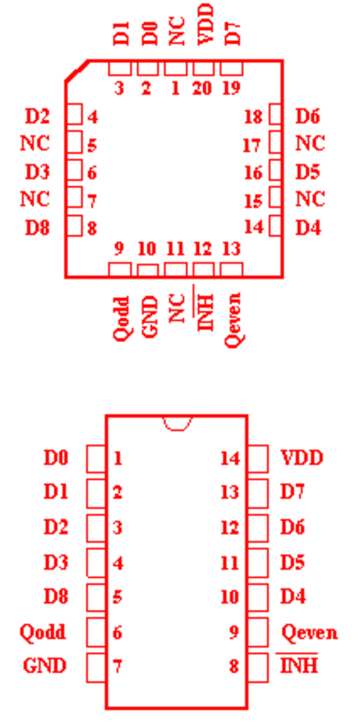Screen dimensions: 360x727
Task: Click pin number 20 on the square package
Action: point(202,88)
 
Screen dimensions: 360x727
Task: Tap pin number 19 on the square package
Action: point(231,88)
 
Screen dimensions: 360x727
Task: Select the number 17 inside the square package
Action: point(252,146)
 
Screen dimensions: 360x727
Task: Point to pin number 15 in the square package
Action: point(253,201)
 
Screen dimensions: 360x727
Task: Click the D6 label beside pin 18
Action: point(308,117)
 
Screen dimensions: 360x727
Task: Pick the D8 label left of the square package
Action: point(37,228)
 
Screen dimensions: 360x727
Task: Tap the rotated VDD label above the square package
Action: point(204,24)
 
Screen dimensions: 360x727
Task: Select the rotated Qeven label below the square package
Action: point(232,319)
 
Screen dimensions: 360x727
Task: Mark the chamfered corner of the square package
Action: point(76,71)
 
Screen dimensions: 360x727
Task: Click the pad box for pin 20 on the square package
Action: point(203,67)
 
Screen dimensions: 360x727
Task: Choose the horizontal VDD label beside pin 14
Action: point(302,458)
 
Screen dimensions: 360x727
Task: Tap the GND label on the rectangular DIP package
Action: point(44,666)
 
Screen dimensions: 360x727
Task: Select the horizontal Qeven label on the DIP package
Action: point(310,633)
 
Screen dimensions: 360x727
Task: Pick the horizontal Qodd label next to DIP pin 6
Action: point(42,632)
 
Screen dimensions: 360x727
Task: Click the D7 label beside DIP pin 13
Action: point(292,492)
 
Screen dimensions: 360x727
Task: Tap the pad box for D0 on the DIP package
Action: point(96,459)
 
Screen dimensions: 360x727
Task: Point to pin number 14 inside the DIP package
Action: point(230,458)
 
